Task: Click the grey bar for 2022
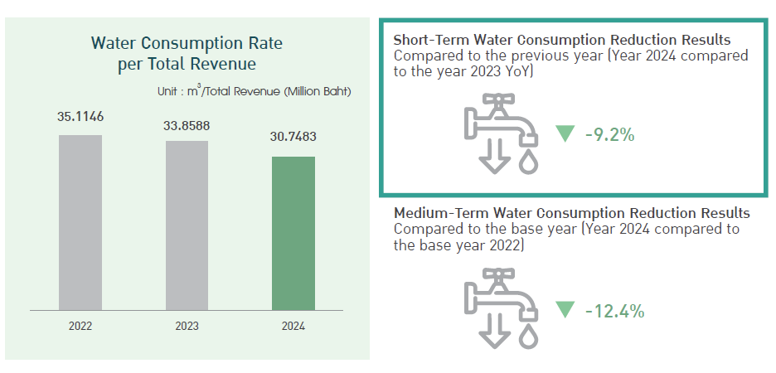click(x=80, y=222)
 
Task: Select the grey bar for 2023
click(x=187, y=225)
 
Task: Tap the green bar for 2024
click(x=293, y=233)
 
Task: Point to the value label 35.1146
click(x=80, y=117)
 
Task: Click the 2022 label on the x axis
click(x=80, y=326)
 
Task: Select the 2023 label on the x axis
click(x=187, y=326)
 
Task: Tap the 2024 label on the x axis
click(x=293, y=326)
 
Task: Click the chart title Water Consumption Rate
click(x=192, y=43)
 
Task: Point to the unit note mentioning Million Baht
click(x=254, y=91)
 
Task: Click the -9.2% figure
click(x=609, y=133)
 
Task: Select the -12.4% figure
click(x=614, y=311)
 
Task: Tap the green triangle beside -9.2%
click(x=565, y=133)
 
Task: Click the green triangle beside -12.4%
click(x=565, y=310)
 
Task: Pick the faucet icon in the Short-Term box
click(x=500, y=133)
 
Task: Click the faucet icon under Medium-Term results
click(x=500, y=312)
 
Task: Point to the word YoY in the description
click(x=519, y=72)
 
